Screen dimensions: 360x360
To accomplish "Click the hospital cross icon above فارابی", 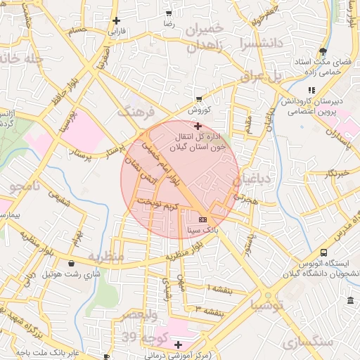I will click(x=116, y=20).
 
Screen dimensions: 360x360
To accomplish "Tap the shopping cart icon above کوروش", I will click(x=200, y=98).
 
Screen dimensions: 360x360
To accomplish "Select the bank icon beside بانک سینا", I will click(x=202, y=219).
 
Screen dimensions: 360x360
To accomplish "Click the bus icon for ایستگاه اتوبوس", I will click(x=324, y=252).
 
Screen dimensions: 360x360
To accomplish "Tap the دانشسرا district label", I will click(x=261, y=43).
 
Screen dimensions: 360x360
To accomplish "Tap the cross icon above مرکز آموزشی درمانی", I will click(x=179, y=345).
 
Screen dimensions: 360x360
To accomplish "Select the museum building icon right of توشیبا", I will click(x=350, y=301).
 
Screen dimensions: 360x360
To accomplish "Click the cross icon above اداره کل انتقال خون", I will click(x=197, y=126).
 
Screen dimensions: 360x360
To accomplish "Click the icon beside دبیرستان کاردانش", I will click(x=311, y=90).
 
